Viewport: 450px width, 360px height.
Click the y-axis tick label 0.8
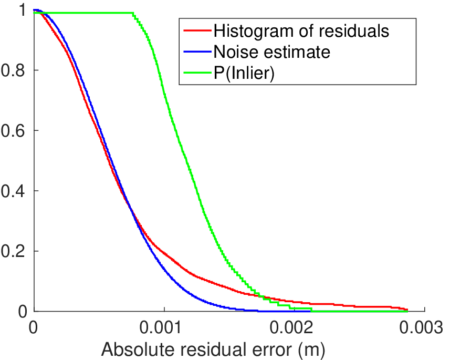[x=13, y=70]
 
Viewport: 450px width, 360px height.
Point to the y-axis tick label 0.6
[x=13, y=130]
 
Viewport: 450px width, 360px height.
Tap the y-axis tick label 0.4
[x=13, y=191]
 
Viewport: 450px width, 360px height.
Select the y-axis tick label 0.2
[x=13, y=251]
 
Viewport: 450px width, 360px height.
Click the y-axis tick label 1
[x=23, y=10]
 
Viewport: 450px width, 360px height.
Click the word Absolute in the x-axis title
[x=138, y=349]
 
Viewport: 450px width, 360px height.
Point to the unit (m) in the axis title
[x=312, y=350]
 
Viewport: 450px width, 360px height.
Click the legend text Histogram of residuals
[x=301, y=30]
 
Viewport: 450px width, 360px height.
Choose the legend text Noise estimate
[x=272, y=52]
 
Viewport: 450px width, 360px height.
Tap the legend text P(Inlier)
[x=244, y=74]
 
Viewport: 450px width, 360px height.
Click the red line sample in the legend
[x=198, y=30]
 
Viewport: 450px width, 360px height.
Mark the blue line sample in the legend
[x=198, y=52]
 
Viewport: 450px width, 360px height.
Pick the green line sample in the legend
[x=198, y=73]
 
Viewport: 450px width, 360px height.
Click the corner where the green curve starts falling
[x=133, y=13]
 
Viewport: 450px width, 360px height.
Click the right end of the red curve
[x=407, y=310]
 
